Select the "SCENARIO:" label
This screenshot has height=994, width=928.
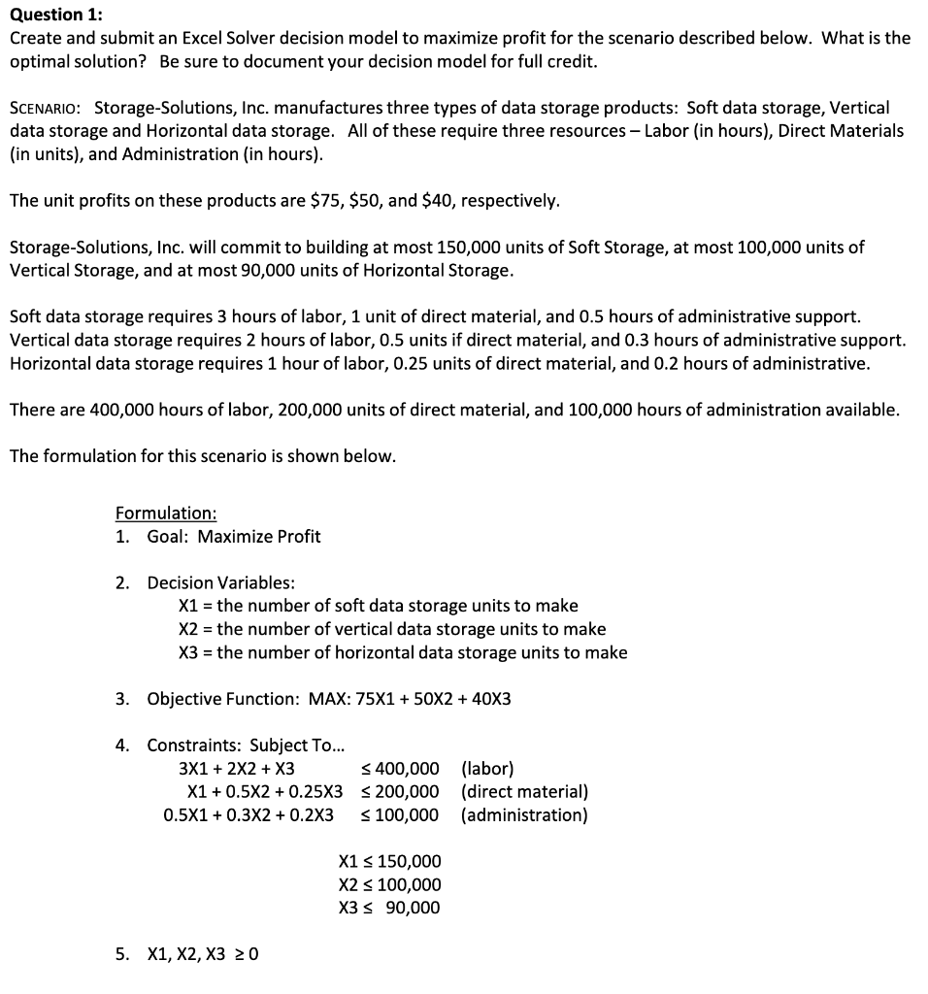click(48, 108)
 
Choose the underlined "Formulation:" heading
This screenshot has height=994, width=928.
click(166, 513)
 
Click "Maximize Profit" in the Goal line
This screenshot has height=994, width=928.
click(259, 537)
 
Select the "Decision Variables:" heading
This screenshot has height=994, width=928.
click(221, 582)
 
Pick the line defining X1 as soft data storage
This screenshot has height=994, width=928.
click(379, 606)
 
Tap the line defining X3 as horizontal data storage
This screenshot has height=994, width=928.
click(403, 652)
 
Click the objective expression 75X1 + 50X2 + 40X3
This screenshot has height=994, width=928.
click(410, 699)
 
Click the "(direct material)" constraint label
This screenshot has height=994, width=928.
click(525, 792)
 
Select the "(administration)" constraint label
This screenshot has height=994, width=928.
click(524, 815)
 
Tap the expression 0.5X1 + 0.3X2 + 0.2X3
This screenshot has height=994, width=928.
click(249, 815)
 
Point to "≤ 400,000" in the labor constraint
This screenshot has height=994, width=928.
click(399, 769)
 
